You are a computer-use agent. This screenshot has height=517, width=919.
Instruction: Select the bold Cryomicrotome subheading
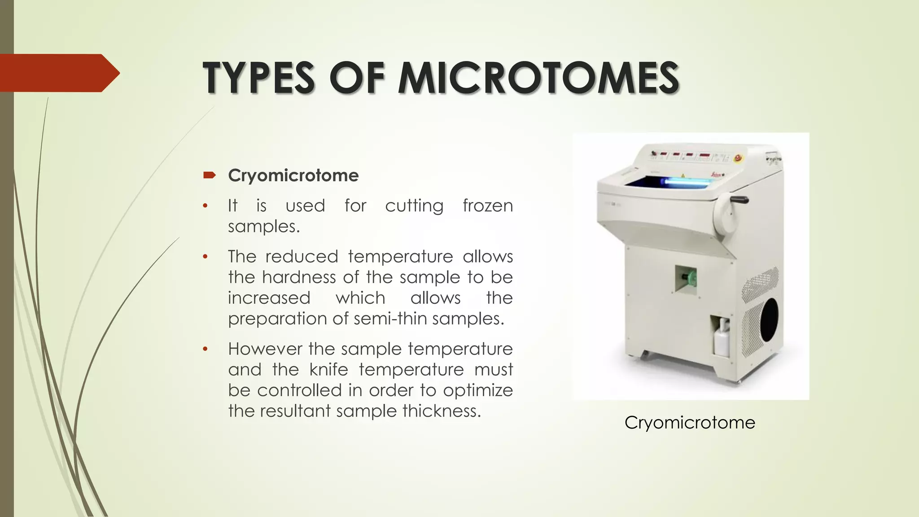[x=293, y=175]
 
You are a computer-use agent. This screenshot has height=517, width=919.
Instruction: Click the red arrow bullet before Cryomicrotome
[x=209, y=175]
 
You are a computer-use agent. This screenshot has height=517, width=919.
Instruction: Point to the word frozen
[x=487, y=206]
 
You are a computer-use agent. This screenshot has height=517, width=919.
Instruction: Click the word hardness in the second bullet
[x=299, y=277]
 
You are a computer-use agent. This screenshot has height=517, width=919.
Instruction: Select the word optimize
[x=478, y=390]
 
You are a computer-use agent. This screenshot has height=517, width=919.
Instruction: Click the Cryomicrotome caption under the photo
[x=690, y=423]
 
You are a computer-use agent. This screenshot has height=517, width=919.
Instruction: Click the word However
[x=264, y=349]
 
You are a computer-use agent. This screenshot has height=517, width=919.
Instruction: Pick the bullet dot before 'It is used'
[x=205, y=206]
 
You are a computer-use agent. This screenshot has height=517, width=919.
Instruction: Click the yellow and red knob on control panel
[x=737, y=158]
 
